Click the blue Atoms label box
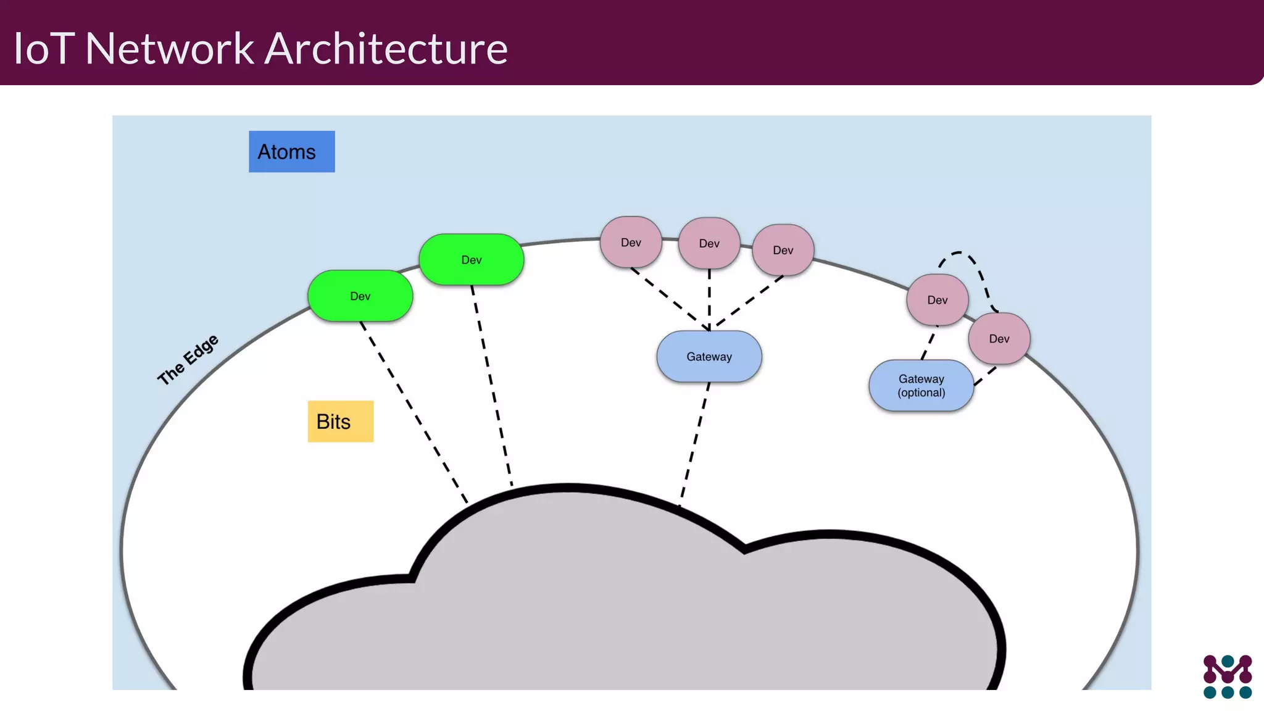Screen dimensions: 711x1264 tap(291, 151)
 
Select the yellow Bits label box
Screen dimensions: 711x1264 tap(340, 422)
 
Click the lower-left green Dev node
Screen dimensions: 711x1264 tap(360, 296)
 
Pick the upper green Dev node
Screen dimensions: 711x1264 tap(471, 260)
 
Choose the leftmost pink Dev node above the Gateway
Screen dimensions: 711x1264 tap(630, 243)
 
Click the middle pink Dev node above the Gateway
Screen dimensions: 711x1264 tap(709, 244)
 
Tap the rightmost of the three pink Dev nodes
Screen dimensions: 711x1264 tap(783, 250)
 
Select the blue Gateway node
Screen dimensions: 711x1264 tap(709, 357)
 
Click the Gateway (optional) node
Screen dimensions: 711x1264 tap(921, 386)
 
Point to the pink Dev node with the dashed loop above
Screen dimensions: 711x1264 tap(936, 300)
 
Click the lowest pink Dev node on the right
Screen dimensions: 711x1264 tap(999, 339)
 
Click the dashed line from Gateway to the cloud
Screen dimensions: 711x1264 tap(695, 439)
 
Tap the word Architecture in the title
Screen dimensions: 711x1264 tap(386, 48)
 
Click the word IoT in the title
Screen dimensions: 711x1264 tap(44, 48)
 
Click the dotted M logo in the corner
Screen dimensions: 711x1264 tap(1227, 676)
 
